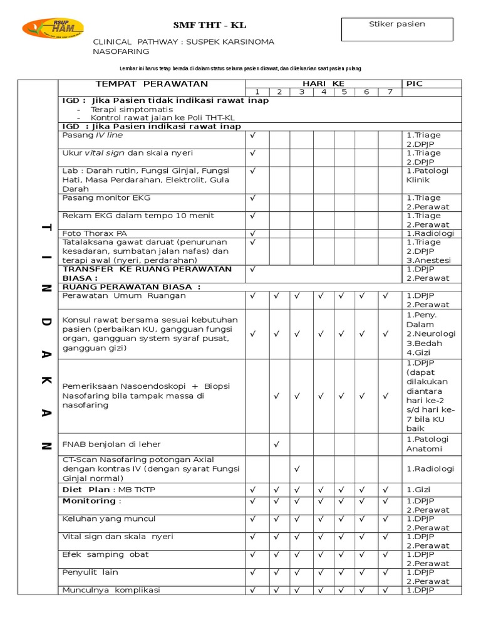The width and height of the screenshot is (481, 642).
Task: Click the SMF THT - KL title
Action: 210,26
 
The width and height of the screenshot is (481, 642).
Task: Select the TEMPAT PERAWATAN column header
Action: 151,84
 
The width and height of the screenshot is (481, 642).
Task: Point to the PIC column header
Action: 415,84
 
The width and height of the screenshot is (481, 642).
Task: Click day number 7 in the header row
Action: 390,92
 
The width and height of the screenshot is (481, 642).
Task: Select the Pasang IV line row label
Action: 93,135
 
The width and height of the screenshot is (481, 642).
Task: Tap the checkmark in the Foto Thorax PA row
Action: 254,233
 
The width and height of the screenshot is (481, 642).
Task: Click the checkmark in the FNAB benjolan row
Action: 276,445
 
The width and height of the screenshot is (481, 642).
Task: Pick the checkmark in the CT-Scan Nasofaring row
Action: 298,468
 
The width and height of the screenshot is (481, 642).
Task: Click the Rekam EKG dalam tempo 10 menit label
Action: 138,216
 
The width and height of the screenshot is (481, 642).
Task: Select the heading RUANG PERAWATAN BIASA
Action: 132,287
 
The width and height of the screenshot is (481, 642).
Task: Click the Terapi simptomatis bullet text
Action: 132,109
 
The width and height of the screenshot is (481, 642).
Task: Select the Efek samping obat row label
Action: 105,555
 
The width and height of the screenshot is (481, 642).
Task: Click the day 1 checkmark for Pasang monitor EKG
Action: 254,198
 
